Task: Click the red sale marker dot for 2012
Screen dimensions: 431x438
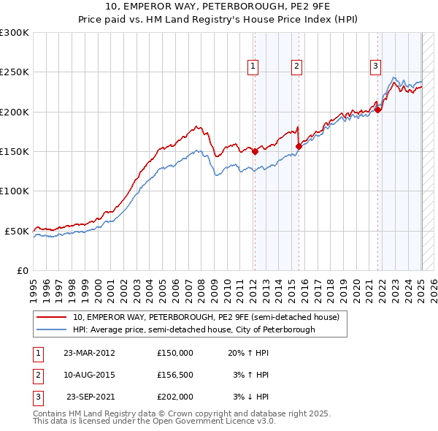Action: click(255, 152)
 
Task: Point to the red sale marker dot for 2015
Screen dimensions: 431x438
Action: click(299, 146)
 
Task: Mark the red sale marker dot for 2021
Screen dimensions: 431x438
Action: click(378, 110)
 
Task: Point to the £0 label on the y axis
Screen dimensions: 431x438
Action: click(23, 270)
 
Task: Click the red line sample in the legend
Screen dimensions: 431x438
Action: click(52, 318)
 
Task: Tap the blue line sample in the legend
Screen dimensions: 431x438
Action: click(52, 329)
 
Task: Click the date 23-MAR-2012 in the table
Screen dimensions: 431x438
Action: click(89, 353)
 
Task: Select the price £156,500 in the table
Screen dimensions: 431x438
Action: click(174, 375)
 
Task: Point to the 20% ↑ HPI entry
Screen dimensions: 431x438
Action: click(247, 353)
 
